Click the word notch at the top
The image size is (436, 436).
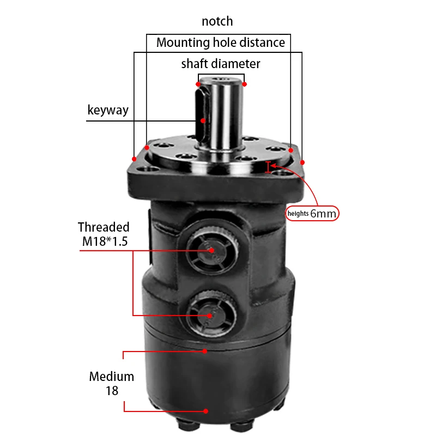tap(217, 21)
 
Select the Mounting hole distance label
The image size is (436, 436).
tap(220, 43)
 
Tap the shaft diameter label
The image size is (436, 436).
tap(221, 64)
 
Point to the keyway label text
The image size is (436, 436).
tap(108, 110)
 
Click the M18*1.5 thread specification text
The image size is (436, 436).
tap(103, 241)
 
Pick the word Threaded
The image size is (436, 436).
tap(104, 227)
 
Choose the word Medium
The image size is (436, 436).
tap(112, 376)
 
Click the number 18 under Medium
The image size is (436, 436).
tap(112, 390)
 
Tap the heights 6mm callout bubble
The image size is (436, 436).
tap(312, 214)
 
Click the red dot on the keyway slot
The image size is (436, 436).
tap(203, 120)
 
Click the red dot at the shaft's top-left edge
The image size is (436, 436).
tap(198, 84)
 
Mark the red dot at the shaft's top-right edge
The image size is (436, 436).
tap(245, 84)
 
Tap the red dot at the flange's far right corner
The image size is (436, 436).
tap(302, 162)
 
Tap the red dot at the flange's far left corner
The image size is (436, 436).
tap(134, 159)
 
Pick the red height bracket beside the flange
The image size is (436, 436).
tap(268, 167)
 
